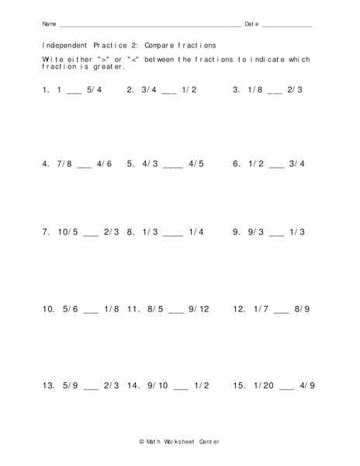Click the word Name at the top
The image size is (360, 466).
(x=49, y=25)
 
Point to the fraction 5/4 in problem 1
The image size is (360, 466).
(x=95, y=90)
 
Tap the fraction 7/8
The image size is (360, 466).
(x=62, y=165)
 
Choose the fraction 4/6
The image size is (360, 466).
(x=105, y=165)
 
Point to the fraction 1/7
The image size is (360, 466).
(x=261, y=309)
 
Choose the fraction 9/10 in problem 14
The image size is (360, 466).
(x=158, y=385)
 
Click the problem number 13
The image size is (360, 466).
(x=48, y=385)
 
